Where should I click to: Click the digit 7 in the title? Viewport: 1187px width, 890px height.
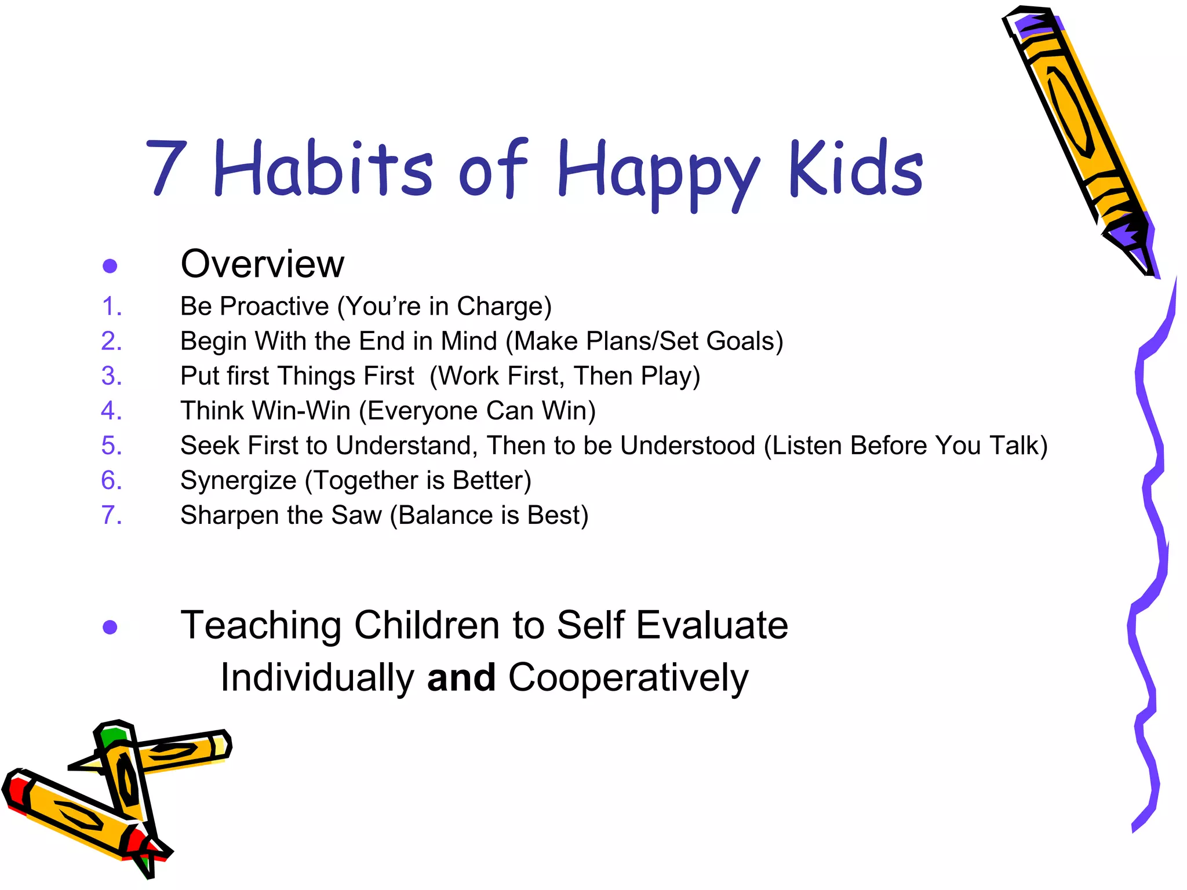(166, 168)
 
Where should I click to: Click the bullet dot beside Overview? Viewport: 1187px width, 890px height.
(110, 266)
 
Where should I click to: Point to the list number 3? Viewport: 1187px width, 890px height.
(111, 376)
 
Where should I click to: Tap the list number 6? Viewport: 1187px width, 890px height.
(111, 480)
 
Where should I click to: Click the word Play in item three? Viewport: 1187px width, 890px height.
(667, 376)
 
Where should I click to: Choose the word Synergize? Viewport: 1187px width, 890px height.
(238, 481)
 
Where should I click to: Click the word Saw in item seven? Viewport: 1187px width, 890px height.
(356, 515)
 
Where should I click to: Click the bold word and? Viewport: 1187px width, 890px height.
(461, 677)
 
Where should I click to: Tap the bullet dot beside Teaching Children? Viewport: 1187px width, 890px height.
(110, 627)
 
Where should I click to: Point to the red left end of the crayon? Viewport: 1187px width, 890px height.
(16, 791)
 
